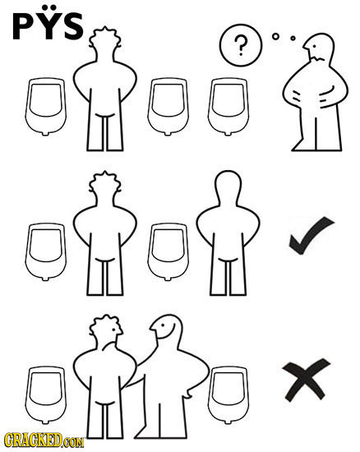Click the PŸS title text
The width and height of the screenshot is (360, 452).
(48, 22)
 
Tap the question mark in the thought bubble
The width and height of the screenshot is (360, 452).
(241, 45)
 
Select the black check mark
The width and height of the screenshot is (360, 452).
(312, 236)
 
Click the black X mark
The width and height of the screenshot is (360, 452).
(306, 380)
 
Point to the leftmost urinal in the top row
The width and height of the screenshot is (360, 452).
(45, 106)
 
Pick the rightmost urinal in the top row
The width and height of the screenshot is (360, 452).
(228, 106)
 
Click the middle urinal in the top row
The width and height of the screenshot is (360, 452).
(168, 106)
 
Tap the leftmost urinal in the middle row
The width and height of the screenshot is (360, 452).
(45, 251)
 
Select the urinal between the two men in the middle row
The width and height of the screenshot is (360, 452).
(168, 251)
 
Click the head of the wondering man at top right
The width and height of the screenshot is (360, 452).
(320, 48)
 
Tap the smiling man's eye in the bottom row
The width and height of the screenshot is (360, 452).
(163, 325)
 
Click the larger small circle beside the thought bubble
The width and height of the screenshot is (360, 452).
(276, 36)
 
